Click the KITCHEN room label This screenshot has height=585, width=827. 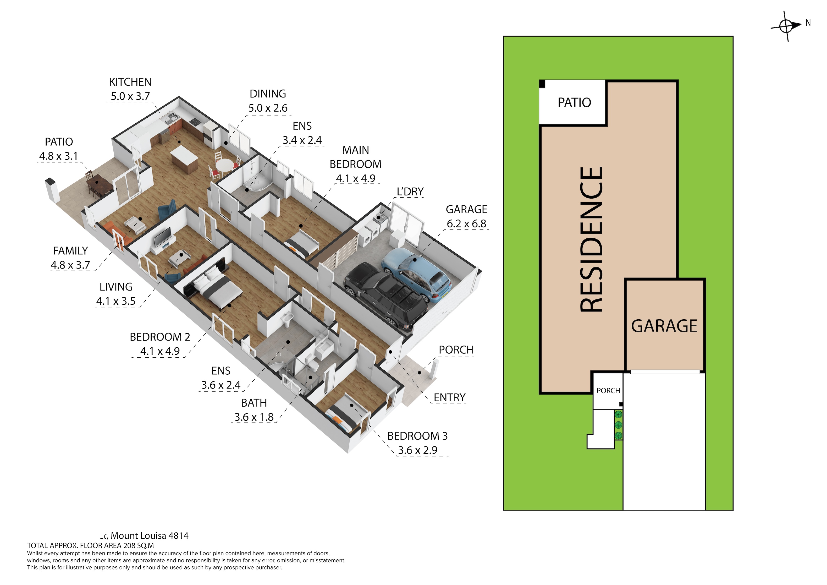point(130,82)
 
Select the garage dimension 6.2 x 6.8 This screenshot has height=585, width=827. point(466,224)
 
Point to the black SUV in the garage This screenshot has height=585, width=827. point(385,296)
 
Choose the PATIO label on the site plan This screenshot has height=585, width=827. point(574,103)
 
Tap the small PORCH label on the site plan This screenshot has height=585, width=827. point(608,391)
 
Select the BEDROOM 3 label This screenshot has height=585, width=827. point(417,436)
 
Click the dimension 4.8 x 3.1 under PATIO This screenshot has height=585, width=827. point(58,156)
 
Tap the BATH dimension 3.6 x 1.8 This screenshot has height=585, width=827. point(254,417)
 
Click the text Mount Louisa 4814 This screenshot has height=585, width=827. point(150,536)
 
